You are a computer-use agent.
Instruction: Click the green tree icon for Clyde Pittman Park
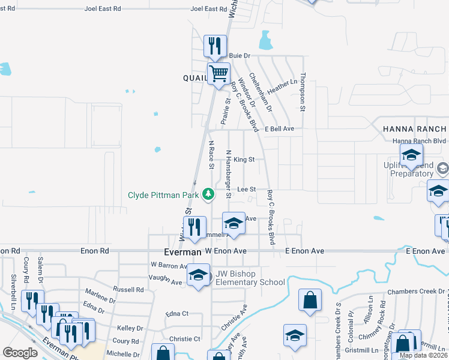[208, 194]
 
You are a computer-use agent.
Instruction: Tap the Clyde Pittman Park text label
[164, 195]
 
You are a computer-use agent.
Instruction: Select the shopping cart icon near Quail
[218, 74]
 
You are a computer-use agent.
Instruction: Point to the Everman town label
[182, 252]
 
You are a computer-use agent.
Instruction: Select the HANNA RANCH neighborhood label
[415, 129]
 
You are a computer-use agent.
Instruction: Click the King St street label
[244, 160]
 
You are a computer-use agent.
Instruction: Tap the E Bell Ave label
[279, 128]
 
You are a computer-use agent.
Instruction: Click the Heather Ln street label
[282, 86]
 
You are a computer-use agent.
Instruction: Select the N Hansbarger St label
[228, 174]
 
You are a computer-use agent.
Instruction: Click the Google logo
[20, 353]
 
